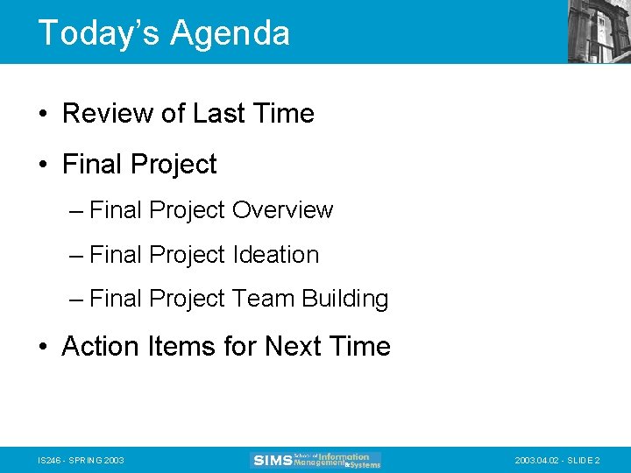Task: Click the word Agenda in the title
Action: (230, 33)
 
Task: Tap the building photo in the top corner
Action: (599, 32)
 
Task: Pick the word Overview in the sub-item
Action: (282, 211)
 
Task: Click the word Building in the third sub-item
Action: (344, 300)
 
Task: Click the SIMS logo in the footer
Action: (315, 460)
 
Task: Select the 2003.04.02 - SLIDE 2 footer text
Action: (557, 461)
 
